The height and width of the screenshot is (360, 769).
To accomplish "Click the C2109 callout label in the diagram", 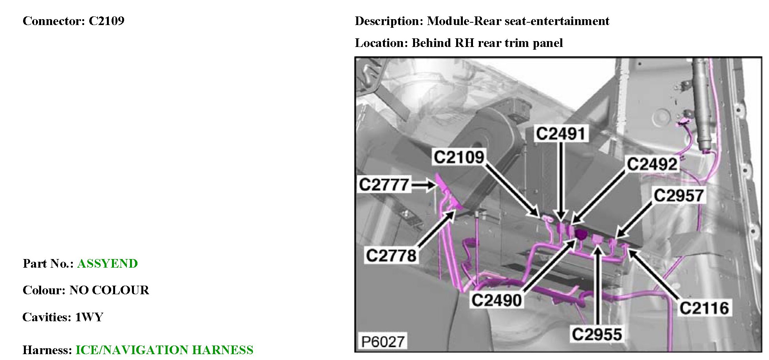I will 459,157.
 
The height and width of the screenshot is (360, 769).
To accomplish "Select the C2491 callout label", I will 561,133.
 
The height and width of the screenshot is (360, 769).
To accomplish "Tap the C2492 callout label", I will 652,164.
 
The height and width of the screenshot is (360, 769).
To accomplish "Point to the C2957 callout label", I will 679,195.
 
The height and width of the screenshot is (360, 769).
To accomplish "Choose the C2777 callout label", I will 384,185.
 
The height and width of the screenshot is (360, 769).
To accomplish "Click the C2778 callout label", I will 391,256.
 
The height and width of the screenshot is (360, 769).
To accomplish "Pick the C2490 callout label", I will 496,300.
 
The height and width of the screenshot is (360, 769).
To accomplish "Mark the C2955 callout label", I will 597,334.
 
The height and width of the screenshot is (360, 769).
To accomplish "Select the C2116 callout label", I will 704,308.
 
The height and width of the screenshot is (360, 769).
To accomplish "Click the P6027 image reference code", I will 383,342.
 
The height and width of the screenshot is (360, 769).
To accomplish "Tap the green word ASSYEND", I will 107,263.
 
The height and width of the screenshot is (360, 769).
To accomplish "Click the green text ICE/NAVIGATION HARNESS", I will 164,349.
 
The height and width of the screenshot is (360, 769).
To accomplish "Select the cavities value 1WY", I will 89,317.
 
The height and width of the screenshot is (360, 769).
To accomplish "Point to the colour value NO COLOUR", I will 109,290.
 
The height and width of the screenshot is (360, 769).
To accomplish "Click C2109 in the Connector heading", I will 107,21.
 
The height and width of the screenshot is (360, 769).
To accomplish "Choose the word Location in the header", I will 381,43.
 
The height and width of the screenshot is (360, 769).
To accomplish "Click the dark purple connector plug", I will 581,234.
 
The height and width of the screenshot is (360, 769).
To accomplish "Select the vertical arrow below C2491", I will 561,180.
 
